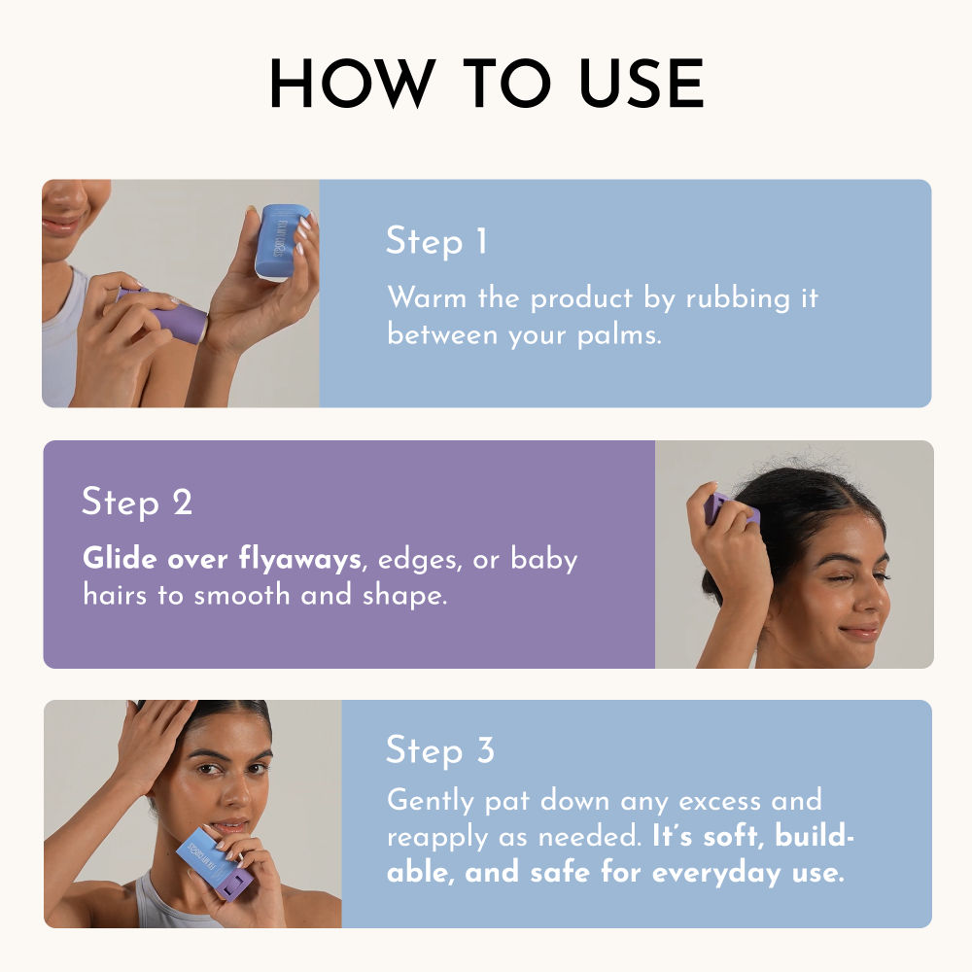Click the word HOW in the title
tap(352, 83)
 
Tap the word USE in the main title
tap(641, 83)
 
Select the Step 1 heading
tap(436, 241)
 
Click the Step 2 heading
tap(137, 503)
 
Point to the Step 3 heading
tap(440, 750)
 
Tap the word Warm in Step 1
tap(427, 297)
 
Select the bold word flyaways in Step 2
tap(300, 559)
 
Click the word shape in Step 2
tap(404, 596)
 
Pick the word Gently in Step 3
tap(431, 801)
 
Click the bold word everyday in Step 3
tap(717, 874)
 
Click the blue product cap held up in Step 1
tap(282, 242)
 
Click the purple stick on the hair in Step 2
tap(730, 509)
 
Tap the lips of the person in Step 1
tap(62, 225)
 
